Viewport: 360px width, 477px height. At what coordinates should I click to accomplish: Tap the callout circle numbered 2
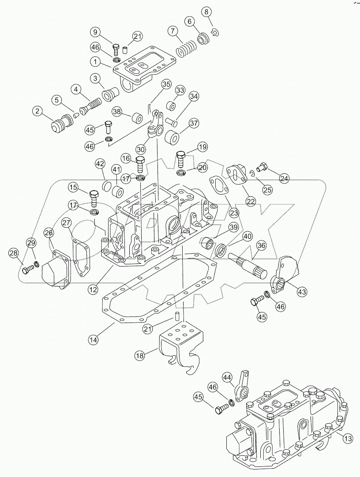37,112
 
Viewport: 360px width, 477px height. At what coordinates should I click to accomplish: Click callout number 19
202,146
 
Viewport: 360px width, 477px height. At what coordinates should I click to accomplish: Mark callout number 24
284,178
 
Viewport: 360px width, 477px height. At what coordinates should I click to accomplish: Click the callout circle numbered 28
14,252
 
